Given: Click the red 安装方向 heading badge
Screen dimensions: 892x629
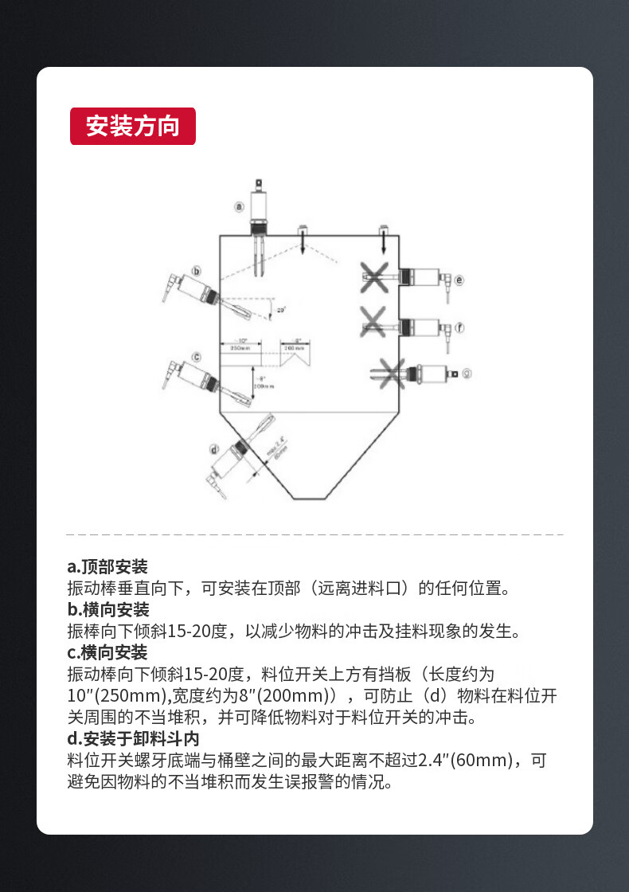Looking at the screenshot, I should pos(133,126).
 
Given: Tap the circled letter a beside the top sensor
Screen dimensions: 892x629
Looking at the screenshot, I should pos(238,206).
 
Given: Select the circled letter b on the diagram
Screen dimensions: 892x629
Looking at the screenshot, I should pos(197,272).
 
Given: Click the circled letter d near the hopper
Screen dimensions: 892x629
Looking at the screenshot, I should pos(214,450).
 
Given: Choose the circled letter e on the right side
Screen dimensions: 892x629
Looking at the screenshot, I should pos(459,280).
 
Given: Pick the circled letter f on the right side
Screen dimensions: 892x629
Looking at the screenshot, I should pos(459,327).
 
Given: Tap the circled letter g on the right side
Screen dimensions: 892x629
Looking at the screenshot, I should pos(467,372).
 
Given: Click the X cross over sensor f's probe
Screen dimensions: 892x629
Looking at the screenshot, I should pos(373,322).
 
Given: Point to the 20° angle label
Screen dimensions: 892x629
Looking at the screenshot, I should pos(280,311).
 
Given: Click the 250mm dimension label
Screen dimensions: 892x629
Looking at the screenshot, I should pos(240,348).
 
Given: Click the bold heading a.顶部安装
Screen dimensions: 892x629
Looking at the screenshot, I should pos(107,567).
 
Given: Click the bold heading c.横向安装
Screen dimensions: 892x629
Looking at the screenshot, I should pos(107,653).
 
